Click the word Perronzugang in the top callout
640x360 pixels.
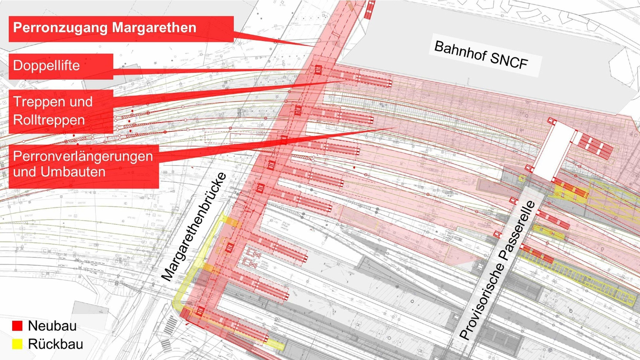60,28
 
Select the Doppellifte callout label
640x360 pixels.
46,66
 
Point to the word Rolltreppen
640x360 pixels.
49,120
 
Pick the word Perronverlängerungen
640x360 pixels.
83,156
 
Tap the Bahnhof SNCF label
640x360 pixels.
481,55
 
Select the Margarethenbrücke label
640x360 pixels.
194,227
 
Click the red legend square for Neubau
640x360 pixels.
17,326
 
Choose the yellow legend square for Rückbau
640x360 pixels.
17,344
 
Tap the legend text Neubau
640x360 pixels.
52,326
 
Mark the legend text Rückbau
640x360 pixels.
56,344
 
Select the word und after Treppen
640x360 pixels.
81,102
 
